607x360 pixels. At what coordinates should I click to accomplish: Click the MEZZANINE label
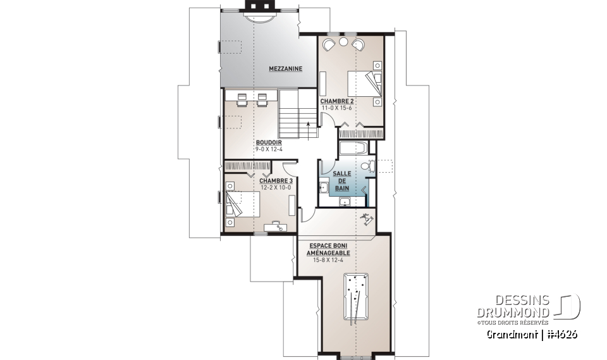coord(285,69)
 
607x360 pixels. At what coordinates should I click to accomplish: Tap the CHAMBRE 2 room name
coord(336,101)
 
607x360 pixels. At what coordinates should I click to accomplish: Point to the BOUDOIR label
coord(269,142)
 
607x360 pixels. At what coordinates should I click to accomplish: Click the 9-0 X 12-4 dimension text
coord(269,149)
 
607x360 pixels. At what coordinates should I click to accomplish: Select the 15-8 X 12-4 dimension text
coord(329,259)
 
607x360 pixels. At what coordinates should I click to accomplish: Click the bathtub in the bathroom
coord(353,149)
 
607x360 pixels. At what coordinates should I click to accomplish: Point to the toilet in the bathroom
coord(369,167)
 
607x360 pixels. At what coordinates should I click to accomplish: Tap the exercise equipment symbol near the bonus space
coord(367,219)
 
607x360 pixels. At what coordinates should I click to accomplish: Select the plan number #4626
coord(561,334)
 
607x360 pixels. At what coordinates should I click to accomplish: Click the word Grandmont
coord(512,334)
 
